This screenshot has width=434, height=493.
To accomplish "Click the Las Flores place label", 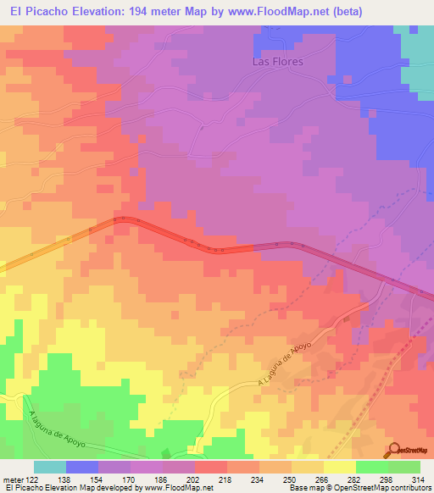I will [278, 61].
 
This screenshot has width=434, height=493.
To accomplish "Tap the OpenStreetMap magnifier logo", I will [396, 451].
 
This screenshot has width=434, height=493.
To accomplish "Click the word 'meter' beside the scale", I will [13, 479].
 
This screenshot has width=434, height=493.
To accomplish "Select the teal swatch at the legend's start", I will [50, 467].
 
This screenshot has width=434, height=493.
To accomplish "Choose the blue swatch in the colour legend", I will [82, 467].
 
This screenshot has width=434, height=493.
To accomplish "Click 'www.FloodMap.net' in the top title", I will [255, 12].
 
